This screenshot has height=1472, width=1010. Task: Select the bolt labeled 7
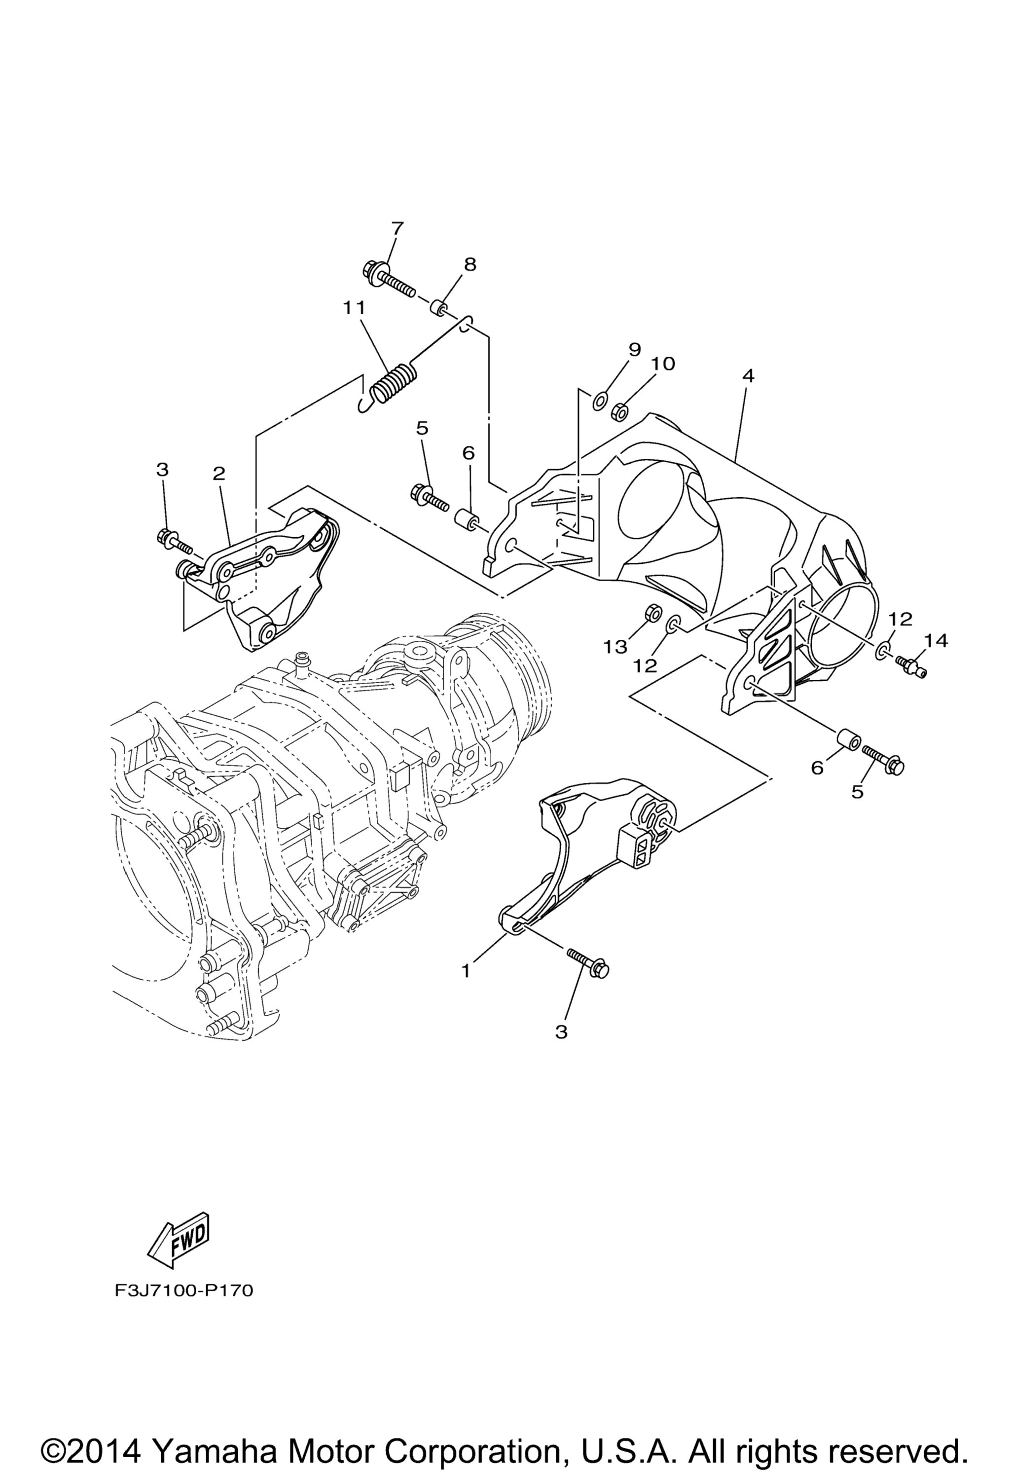389,281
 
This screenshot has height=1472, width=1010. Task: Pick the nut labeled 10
620,413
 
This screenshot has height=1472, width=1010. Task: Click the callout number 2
219,474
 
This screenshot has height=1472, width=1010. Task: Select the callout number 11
355,308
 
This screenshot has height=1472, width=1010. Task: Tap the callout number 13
615,647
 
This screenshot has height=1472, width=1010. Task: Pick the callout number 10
663,364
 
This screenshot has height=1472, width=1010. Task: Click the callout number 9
635,350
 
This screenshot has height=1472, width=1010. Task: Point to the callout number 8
470,264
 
